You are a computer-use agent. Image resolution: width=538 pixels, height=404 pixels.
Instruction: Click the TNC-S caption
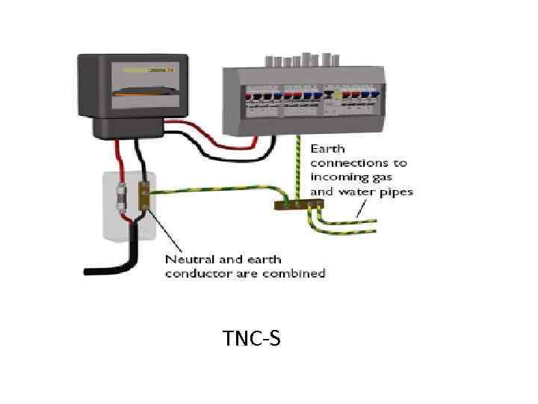252,340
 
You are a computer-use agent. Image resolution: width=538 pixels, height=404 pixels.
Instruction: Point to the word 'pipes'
395,192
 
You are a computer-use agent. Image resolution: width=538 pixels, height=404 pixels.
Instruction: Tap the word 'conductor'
194,273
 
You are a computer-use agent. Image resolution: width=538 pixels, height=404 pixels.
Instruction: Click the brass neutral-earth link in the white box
146,196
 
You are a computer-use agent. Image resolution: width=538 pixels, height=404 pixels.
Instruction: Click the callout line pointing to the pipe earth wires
366,209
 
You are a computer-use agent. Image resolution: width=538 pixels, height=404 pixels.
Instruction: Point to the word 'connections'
359,162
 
